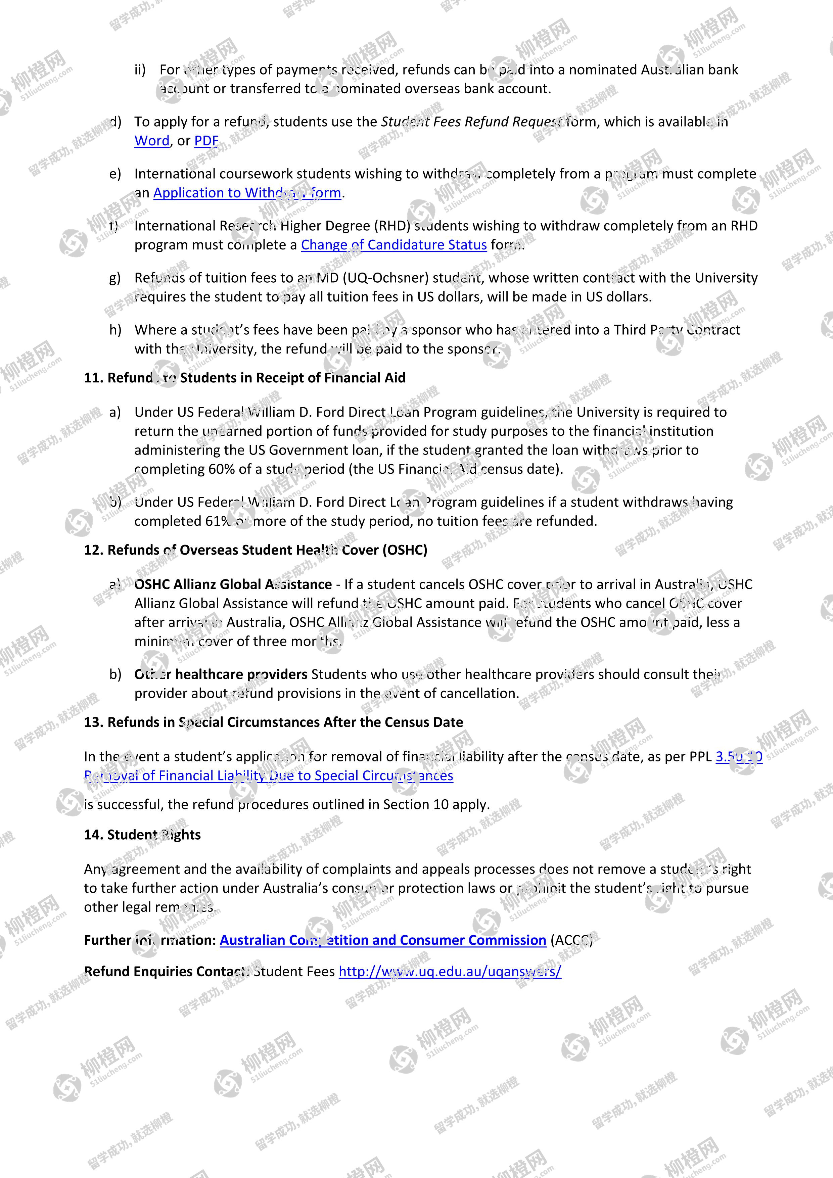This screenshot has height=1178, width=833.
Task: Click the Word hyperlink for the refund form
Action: pos(151,141)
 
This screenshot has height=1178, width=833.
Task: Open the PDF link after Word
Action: pos(206,141)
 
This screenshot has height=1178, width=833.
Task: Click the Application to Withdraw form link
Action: pos(247,193)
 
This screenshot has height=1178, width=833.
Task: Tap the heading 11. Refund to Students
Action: pos(244,378)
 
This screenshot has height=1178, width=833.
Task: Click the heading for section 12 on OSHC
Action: pos(256,550)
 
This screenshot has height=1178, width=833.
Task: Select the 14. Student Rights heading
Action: pos(142,835)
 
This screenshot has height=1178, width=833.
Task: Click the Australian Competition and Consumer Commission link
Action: pos(382,940)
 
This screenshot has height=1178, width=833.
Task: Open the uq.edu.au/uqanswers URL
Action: pos(450,971)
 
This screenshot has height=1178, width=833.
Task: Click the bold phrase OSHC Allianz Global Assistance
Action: pos(233,584)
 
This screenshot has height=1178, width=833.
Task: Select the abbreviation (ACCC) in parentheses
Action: pos(571,940)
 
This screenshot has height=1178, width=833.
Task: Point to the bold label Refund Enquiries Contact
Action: pos(167,971)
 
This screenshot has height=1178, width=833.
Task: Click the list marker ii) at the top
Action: pos(140,70)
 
